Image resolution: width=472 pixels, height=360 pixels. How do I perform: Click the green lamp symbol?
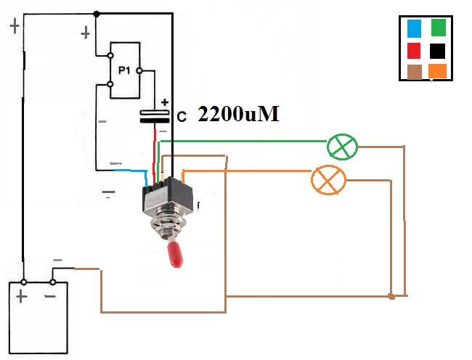[x=342, y=147]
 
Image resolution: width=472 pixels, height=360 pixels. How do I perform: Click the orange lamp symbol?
[x=327, y=179]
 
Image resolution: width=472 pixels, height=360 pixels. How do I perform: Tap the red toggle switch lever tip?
[x=175, y=256]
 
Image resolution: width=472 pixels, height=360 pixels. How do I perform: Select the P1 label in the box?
[x=123, y=70]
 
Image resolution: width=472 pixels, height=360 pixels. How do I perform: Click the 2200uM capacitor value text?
[x=238, y=115]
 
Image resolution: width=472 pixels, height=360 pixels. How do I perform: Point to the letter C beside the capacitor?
[x=182, y=116]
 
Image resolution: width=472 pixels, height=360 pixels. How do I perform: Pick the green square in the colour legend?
[x=438, y=28]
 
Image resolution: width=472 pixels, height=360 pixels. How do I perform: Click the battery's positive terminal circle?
[x=23, y=282]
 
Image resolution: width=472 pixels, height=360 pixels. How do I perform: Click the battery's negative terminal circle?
[x=52, y=282]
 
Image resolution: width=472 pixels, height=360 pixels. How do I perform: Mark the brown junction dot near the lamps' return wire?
[x=391, y=296]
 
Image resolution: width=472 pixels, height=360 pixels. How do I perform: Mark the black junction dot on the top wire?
[x=97, y=13]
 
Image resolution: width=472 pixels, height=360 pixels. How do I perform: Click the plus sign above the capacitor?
[x=165, y=102]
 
